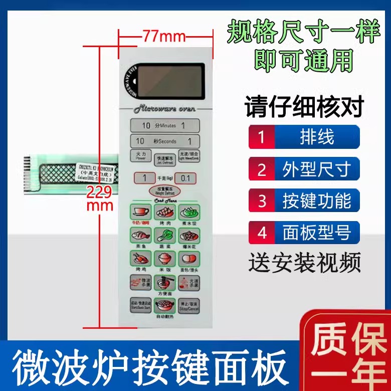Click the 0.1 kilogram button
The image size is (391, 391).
tap(185, 178)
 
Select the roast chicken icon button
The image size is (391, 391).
tap(140, 259)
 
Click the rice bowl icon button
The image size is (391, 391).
tap(163, 259)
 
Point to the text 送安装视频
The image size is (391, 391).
tap(304, 263)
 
